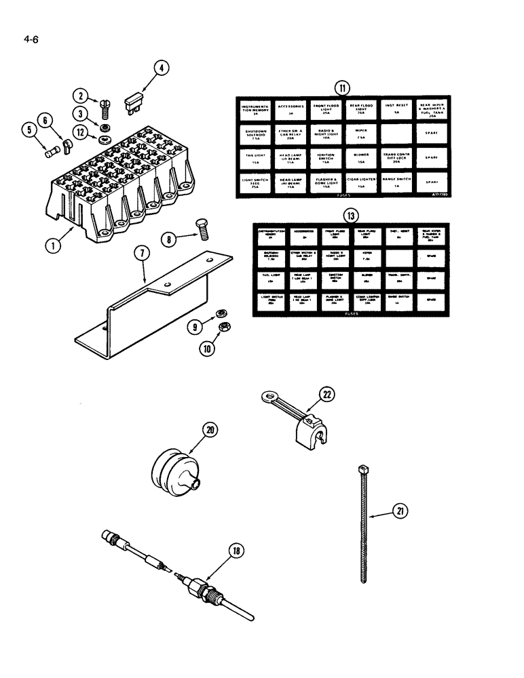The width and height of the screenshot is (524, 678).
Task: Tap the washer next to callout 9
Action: point(220,313)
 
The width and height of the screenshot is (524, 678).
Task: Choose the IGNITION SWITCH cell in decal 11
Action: point(326,158)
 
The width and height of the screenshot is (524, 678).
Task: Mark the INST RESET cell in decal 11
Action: point(396,109)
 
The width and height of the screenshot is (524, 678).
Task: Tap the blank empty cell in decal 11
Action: point(396,133)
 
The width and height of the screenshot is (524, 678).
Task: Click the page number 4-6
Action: point(31,39)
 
